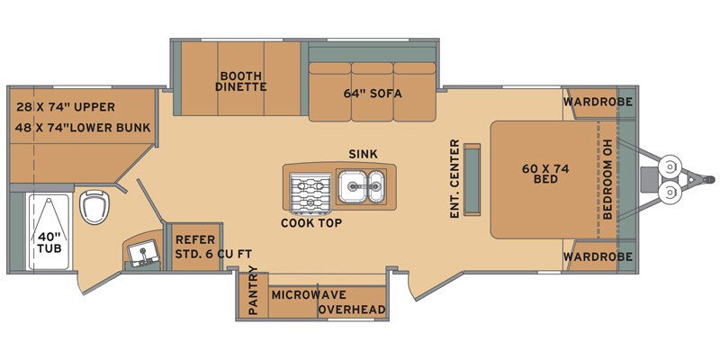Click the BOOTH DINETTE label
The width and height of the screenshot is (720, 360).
click(x=239, y=81)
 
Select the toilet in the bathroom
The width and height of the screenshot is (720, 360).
click(x=93, y=207)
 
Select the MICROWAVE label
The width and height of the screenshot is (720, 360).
click(x=310, y=294)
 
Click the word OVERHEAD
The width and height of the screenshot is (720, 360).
click(x=354, y=310)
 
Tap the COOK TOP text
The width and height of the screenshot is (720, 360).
click(x=310, y=222)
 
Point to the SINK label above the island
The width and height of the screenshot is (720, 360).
click(x=363, y=154)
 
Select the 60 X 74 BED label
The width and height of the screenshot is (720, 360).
click(x=540, y=173)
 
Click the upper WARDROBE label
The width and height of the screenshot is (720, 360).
click(x=598, y=102)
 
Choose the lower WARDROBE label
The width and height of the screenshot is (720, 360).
click(x=598, y=256)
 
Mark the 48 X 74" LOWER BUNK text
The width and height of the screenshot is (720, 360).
click(x=83, y=127)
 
